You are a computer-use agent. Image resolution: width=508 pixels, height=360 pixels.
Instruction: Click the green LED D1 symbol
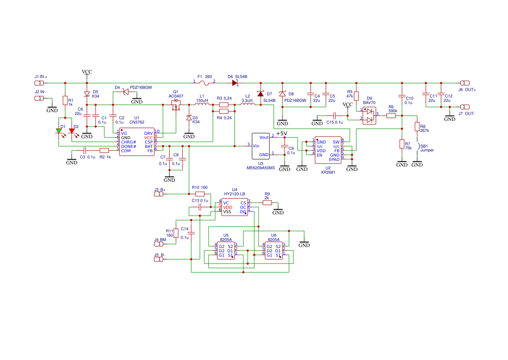[59, 131]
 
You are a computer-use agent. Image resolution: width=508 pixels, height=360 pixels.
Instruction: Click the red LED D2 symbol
[72, 131]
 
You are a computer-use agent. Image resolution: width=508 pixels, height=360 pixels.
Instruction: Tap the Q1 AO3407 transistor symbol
[176, 105]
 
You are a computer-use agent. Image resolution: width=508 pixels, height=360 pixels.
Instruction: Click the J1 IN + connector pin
[39, 83]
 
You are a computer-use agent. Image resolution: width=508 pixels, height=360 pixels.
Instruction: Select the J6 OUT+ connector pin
[465, 83]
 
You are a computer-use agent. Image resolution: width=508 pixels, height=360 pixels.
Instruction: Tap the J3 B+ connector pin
[159, 194]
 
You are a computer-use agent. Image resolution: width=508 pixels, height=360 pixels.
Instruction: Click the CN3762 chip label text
[137, 122]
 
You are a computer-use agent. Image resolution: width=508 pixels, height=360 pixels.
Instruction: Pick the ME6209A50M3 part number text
[260, 168]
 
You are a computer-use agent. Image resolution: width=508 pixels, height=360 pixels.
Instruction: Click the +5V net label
[282, 133]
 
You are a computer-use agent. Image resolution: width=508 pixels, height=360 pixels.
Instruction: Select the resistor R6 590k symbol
[391, 116]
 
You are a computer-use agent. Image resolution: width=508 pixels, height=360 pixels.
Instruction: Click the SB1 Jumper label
[427, 148]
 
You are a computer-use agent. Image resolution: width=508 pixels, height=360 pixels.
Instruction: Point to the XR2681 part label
[328, 172]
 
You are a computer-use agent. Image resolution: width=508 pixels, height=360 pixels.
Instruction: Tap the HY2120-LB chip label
[235, 194]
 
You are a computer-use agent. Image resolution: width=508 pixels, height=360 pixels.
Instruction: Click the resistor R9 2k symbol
[267, 203]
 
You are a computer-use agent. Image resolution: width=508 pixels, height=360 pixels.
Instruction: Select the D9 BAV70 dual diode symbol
[369, 116]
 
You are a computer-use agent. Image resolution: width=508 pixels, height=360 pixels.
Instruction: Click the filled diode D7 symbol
[260, 94]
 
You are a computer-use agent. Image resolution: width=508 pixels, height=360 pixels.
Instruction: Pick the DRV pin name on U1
[148, 133]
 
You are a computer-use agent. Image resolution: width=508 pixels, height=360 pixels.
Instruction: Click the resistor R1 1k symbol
[65, 100]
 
